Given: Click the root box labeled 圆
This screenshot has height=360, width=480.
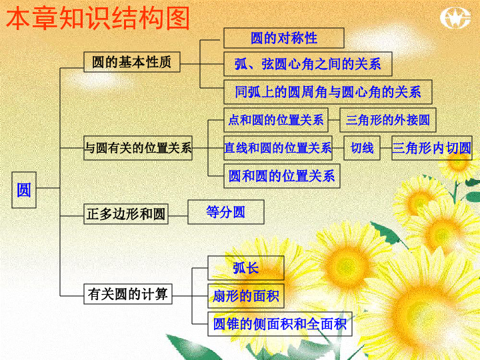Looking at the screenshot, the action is pos(24,190).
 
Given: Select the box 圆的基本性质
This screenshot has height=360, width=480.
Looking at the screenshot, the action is pos(131,62).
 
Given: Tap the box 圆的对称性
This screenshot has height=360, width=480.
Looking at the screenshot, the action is pos(284,38).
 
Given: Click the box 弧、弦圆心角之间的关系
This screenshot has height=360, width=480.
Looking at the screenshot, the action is pos(307,64).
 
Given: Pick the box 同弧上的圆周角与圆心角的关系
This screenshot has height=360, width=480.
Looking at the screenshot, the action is pos(328,92).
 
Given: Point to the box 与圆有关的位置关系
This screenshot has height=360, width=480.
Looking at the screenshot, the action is pos(138,148).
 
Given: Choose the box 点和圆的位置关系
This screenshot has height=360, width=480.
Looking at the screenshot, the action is pos(276,120).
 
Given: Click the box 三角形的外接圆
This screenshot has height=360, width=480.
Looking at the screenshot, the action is pos(388,120).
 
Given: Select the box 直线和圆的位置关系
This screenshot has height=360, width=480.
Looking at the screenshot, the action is pos(278,148).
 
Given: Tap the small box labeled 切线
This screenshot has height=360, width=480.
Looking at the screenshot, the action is pos(362,148).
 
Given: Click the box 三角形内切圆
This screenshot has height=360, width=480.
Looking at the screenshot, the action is pos(432,148).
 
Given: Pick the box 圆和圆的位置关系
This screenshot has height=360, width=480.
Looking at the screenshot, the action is pos(281,176).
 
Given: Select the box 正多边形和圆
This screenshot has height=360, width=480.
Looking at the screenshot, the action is pos(126,214).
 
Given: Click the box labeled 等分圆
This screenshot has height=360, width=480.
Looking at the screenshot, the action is pos(226,212).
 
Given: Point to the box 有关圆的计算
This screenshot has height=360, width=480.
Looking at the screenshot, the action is pos(128,294).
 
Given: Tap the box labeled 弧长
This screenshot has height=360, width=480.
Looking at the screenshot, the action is pos(246,268).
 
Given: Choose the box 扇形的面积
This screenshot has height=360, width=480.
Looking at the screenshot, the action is pos(246,296).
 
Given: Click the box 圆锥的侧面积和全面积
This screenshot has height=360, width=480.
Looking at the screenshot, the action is pos(280,324).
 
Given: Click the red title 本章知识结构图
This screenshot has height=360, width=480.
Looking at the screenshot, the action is pos(98,19).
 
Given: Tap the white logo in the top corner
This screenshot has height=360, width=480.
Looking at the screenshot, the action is pos(455,18).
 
